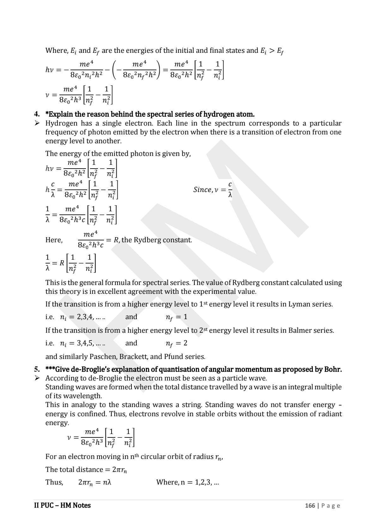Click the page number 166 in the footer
(310, 505)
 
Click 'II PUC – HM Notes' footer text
(62, 505)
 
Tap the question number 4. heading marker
(37, 114)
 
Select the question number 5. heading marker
(37, 369)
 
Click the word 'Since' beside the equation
(202, 189)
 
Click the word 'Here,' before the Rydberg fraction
(54, 240)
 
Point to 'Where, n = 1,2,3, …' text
(188, 482)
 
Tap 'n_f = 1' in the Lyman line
(176, 317)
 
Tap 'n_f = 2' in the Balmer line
(176, 343)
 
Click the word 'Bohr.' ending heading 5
(333, 369)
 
